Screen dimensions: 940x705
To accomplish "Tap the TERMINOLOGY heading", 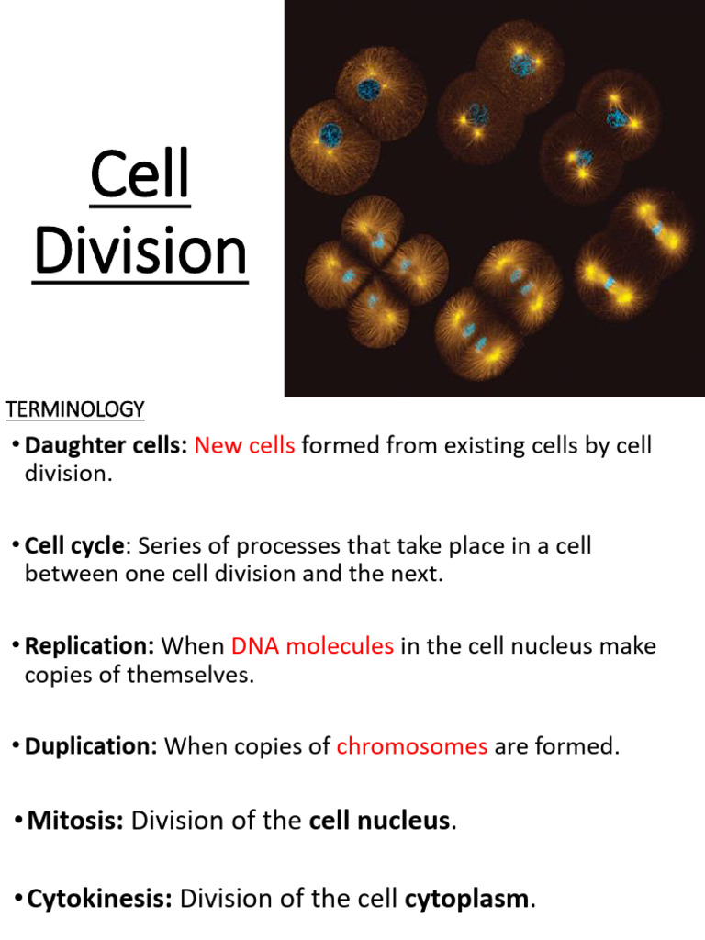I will click(x=75, y=408).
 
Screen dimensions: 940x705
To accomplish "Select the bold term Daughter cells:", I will click(x=106, y=446).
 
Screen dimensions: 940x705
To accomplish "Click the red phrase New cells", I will click(x=245, y=446).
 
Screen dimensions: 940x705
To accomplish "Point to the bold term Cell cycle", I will click(x=74, y=546).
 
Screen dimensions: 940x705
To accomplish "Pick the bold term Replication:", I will click(x=89, y=646).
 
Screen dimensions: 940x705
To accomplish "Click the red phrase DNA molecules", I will click(x=313, y=646).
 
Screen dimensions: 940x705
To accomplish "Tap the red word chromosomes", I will click(x=412, y=746).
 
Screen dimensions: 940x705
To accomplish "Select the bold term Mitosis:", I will click(x=75, y=820).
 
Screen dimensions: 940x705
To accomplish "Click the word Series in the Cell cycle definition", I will click(x=167, y=546).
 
